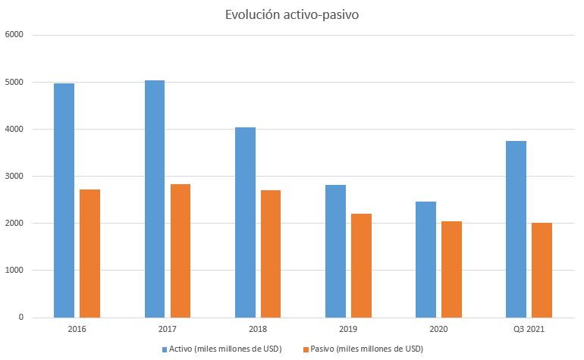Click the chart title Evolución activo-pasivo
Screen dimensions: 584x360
pos(292,15)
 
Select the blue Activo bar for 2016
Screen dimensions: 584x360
pos(64,200)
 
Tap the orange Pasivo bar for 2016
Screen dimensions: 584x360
pos(89,254)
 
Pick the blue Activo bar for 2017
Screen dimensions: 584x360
pos(155,199)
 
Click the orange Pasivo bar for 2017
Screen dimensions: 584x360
pos(181,251)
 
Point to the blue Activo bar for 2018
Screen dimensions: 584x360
pos(246,223)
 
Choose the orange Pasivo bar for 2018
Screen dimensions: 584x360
pos(271,254)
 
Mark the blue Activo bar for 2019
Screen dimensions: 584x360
pos(335,252)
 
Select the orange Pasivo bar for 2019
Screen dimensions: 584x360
pos(361,266)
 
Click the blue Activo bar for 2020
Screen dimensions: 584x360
pos(425,259)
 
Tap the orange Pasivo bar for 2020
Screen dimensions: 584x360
pos(451,270)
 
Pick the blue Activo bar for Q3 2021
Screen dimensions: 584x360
pos(516,230)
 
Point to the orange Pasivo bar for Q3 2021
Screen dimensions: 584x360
pos(542,271)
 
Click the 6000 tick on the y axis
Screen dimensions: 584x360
pos(14,35)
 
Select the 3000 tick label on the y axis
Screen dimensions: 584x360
pos(14,176)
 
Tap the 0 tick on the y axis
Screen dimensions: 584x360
pos(21,318)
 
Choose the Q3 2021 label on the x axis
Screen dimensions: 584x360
pos(529,329)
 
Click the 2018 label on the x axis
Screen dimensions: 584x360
pos(258,329)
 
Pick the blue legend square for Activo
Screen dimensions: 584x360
pos(165,349)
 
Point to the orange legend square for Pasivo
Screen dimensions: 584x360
pos(306,349)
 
